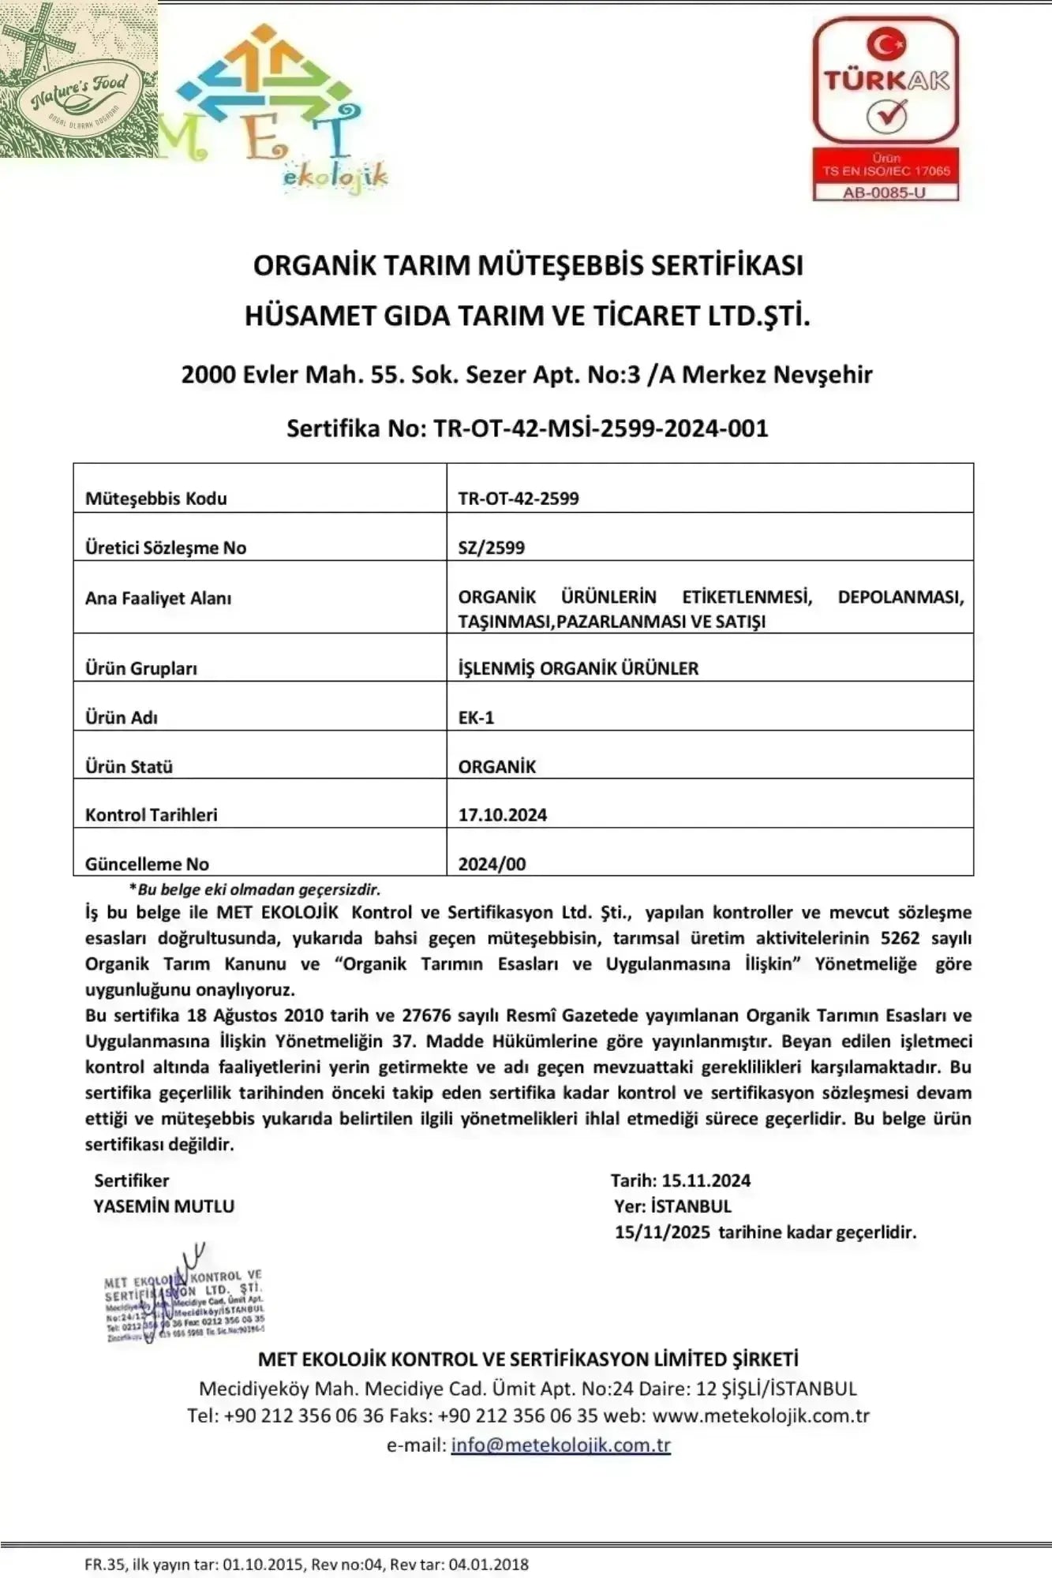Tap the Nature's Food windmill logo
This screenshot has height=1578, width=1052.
(x=78, y=79)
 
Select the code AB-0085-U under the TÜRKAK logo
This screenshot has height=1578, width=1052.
(x=885, y=192)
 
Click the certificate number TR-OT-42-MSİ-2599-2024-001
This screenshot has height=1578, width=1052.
(x=600, y=428)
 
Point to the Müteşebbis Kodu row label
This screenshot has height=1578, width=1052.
(x=156, y=499)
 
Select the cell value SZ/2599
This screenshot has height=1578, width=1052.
(x=492, y=548)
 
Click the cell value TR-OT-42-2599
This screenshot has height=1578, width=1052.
(x=519, y=499)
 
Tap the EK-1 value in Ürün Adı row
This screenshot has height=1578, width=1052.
(x=476, y=717)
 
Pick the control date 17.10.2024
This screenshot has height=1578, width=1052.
(x=503, y=815)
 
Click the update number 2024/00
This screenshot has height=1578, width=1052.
(x=492, y=864)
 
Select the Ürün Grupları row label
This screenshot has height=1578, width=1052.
(x=141, y=668)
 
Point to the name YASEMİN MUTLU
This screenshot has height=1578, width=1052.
(x=164, y=1206)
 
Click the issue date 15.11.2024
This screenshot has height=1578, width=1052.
(x=706, y=1181)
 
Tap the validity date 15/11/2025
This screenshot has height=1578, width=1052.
(x=662, y=1232)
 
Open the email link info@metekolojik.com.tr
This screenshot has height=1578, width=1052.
(x=560, y=1445)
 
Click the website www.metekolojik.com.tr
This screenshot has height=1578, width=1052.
(x=761, y=1415)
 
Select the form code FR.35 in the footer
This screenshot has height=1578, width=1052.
(x=104, y=1564)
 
